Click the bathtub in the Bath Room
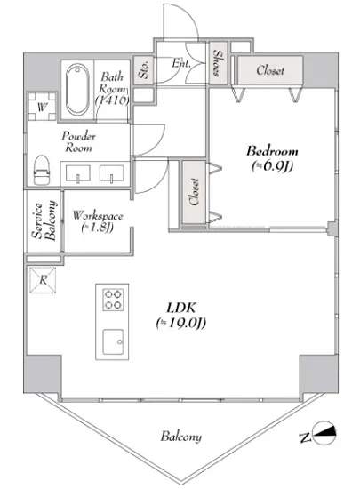77,89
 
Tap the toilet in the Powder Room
42,171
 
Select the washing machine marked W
42,107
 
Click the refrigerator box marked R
43,280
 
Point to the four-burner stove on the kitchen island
113,300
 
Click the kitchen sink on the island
113,341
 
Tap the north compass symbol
320,433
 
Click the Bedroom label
272,151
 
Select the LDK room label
181,309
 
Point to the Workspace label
98,216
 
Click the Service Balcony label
44,220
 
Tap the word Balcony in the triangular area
181,436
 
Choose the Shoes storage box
218,63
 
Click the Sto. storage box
143,70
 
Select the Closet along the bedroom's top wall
270,70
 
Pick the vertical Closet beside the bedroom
194,192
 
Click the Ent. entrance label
181,63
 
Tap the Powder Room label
78,141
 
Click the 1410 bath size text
112,100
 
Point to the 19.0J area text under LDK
181,323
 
